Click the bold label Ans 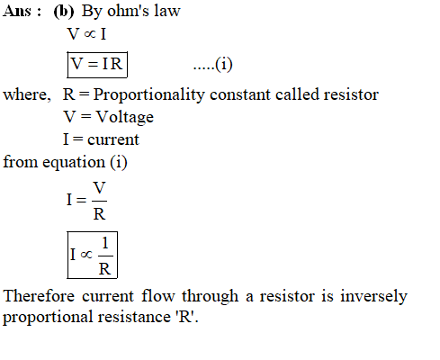(x=17, y=11)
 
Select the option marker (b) (x=64, y=12)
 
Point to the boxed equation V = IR (x=97, y=65)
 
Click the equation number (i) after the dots (x=224, y=65)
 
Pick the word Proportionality (x=148, y=95)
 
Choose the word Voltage (x=124, y=117)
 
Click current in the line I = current (x=113, y=139)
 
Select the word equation (x=74, y=163)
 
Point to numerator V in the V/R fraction (x=99, y=188)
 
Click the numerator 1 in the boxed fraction (x=105, y=243)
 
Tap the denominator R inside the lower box (x=104, y=269)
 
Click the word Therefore (x=39, y=296)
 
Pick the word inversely (x=373, y=296)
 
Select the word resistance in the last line (x=134, y=317)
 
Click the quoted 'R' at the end (x=184, y=317)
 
